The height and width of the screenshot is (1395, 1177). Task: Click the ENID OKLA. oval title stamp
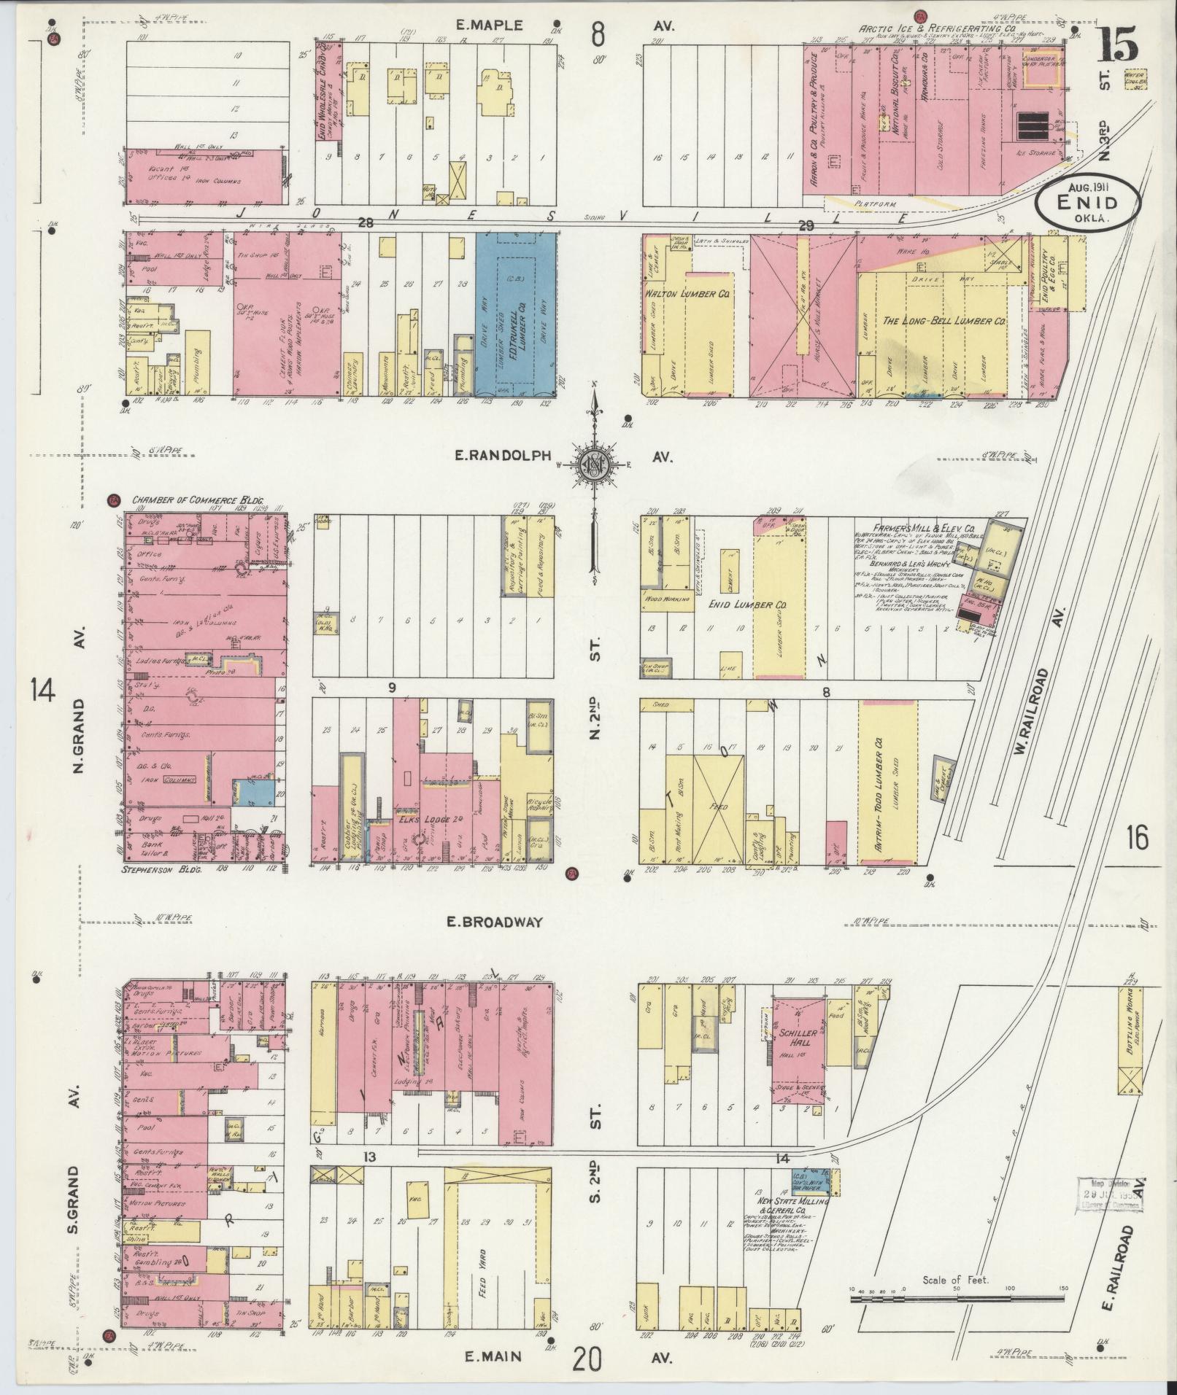tap(1087, 204)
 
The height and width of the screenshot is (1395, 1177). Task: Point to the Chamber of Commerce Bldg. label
tap(197, 501)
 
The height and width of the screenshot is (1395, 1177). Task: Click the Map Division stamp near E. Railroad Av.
tap(1109, 1194)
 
